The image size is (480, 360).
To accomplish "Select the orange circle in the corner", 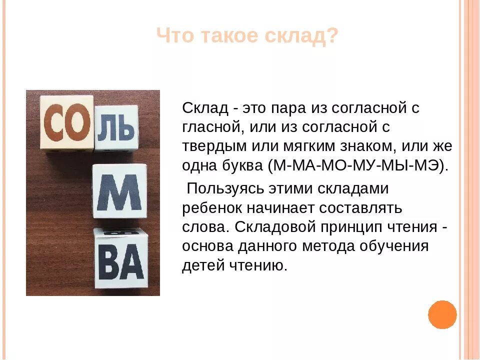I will point(442,314).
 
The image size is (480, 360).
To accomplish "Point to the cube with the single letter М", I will point(119,191).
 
